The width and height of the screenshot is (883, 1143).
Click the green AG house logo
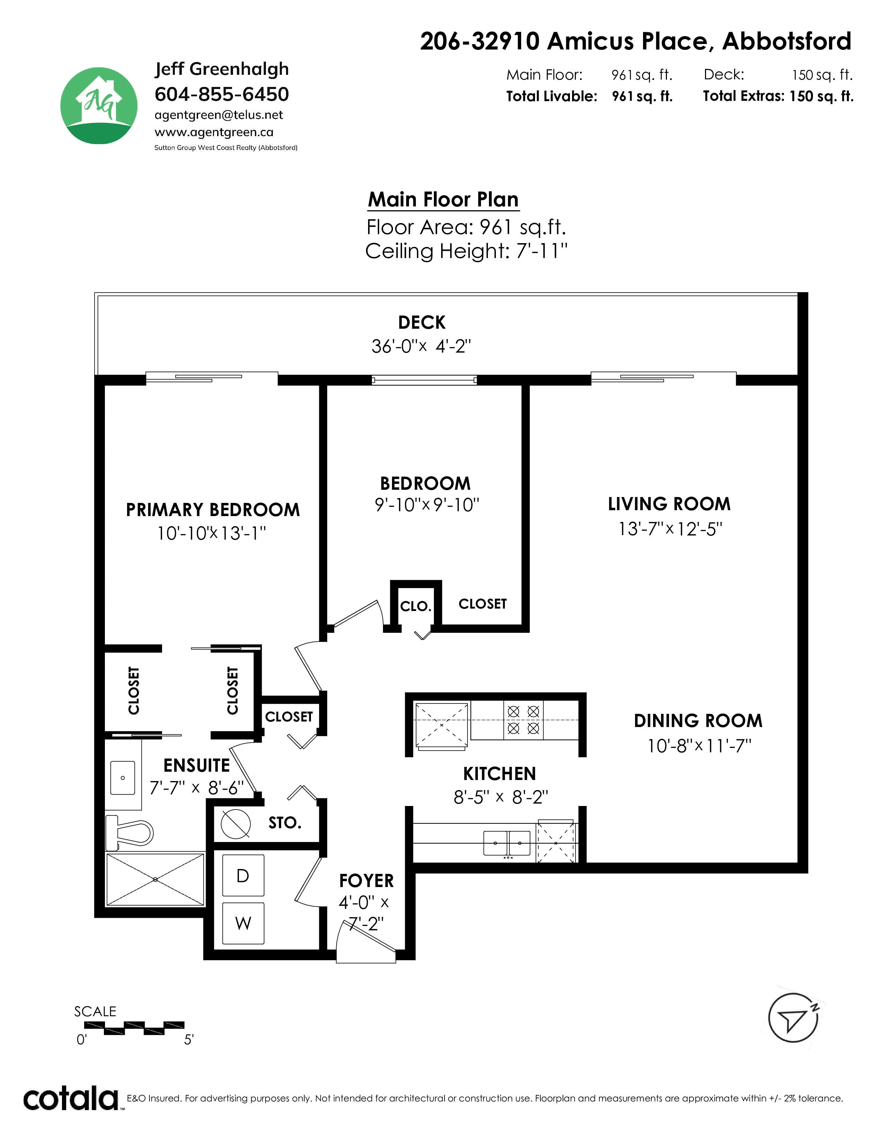click(x=99, y=106)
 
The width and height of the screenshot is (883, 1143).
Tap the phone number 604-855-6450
click(x=222, y=94)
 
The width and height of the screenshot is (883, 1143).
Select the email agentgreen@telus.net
click(x=218, y=115)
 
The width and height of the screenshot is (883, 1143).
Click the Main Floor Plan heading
click(x=443, y=200)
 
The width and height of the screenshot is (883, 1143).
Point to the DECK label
click(x=422, y=322)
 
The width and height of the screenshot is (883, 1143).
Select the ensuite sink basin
click(x=123, y=778)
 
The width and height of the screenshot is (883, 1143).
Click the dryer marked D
click(x=243, y=876)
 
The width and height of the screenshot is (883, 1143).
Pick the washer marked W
click(x=243, y=923)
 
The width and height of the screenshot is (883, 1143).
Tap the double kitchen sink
click(x=507, y=843)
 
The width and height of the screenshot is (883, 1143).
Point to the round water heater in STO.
click(x=235, y=824)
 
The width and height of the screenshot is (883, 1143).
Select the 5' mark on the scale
click(x=189, y=1039)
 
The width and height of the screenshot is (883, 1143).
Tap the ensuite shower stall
click(x=155, y=880)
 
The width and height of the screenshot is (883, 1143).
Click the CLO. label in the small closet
click(x=416, y=606)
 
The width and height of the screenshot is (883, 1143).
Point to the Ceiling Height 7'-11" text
click(x=466, y=251)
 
